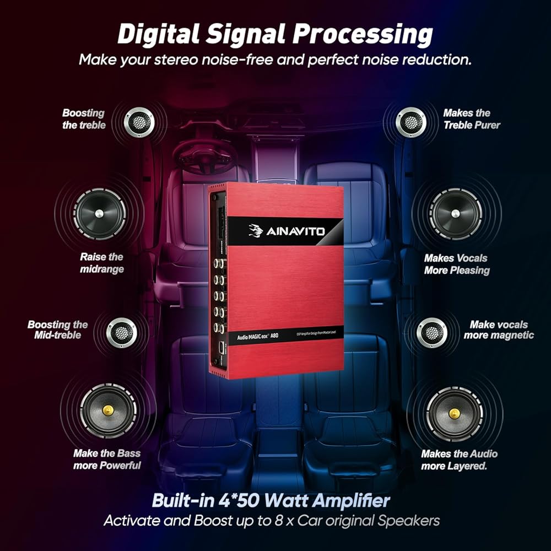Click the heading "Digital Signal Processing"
[x=275, y=34]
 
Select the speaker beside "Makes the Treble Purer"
[x=412, y=121]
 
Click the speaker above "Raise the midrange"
[x=99, y=214]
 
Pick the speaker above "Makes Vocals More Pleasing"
[x=455, y=214]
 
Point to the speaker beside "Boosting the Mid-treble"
[x=122, y=332]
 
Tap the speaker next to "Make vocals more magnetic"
[x=432, y=332]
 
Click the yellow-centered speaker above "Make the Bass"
[x=108, y=410]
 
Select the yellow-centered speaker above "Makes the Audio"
[x=455, y=413]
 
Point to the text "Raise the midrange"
[x=102, y=263]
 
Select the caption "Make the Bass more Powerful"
[x=107, y=460]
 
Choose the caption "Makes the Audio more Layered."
[x=459, y=460]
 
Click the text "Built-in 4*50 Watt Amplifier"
[x=271, y=501]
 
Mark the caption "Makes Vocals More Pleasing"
[x=457, y=264]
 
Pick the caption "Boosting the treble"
[x=83, y=119]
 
